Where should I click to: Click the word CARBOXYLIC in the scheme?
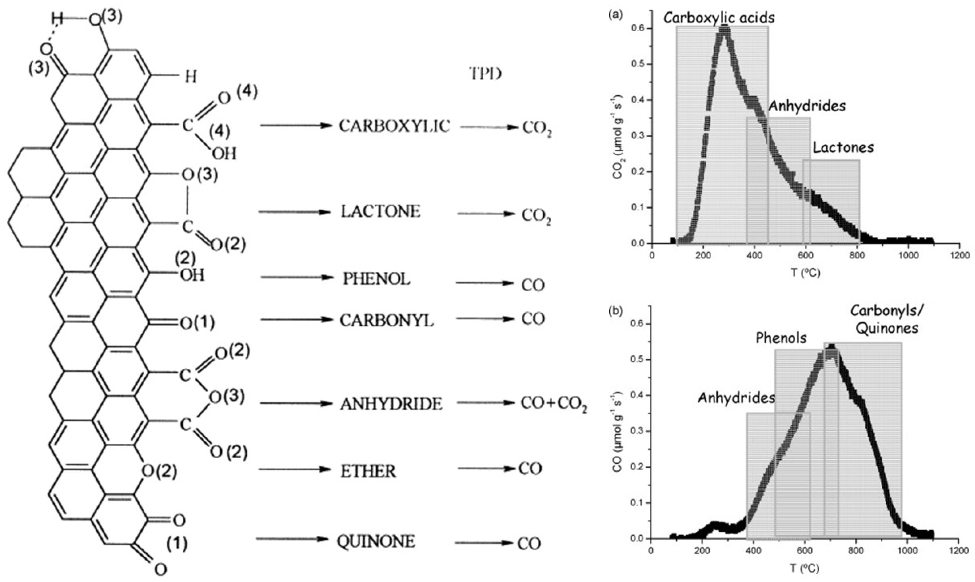click(394, 126)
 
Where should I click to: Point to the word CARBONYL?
click(387, 321)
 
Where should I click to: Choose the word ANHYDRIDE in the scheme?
click(391, 404)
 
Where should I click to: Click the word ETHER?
click(368, 471)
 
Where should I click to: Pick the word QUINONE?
click(376, 542)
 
